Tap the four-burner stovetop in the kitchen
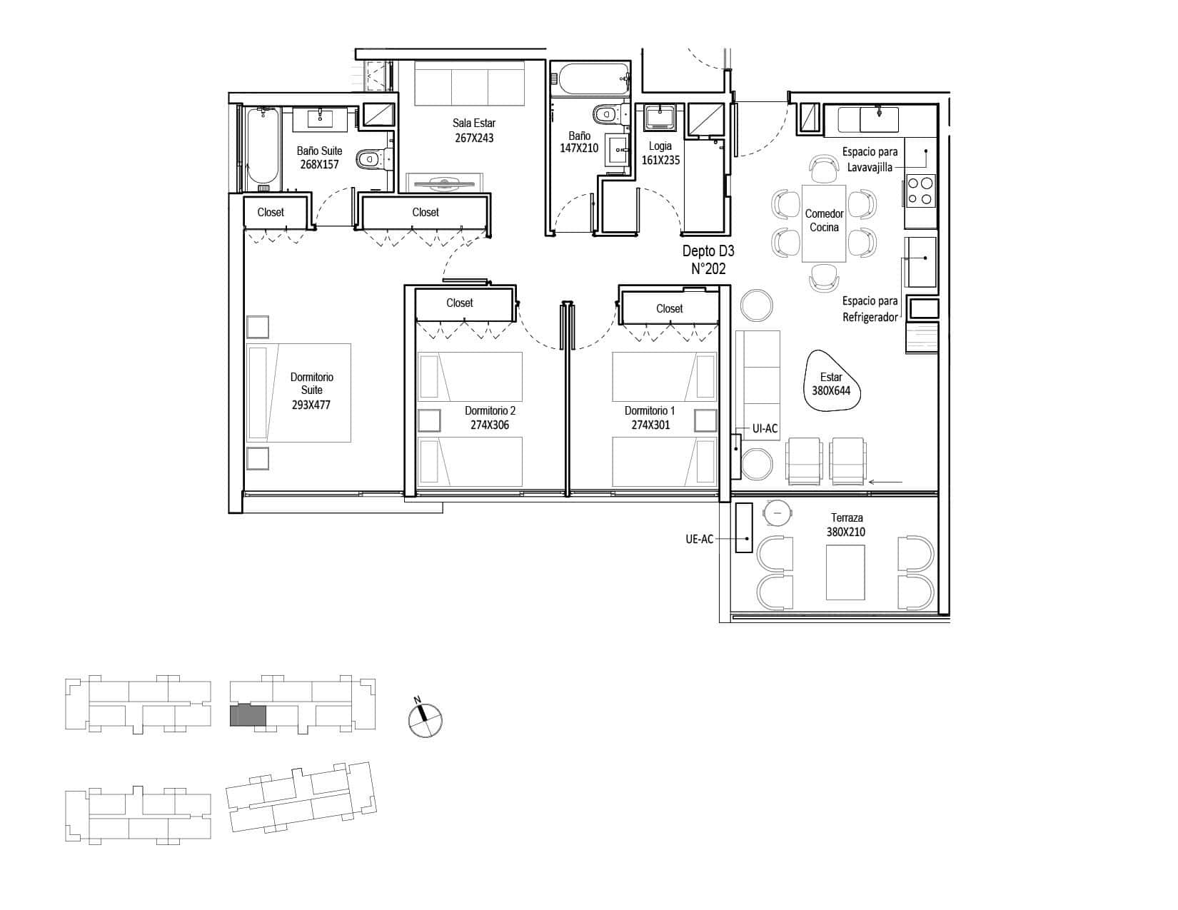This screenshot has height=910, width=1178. point(920,191)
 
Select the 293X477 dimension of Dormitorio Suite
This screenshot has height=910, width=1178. point(311,405)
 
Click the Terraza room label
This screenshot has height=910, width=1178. point(847,517)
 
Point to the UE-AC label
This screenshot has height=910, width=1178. point(700,540)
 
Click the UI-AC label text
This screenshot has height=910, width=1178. point(765,429)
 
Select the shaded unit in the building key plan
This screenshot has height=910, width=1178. point(248,715)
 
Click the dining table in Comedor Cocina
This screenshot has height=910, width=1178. point(823,223)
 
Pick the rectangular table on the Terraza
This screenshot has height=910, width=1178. point(845,572)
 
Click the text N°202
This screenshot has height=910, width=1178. point(708,269)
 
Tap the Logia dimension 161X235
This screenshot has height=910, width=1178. point(660,161)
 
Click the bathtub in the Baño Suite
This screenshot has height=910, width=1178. point(263,149)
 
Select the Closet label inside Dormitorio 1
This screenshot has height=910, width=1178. point(670,309)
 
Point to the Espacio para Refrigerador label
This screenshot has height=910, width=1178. point(870,309)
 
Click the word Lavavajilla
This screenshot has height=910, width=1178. point(870,168)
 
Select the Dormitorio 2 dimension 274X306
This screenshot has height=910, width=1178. point(490,425)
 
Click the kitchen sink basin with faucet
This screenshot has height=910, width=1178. point(879,119)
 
